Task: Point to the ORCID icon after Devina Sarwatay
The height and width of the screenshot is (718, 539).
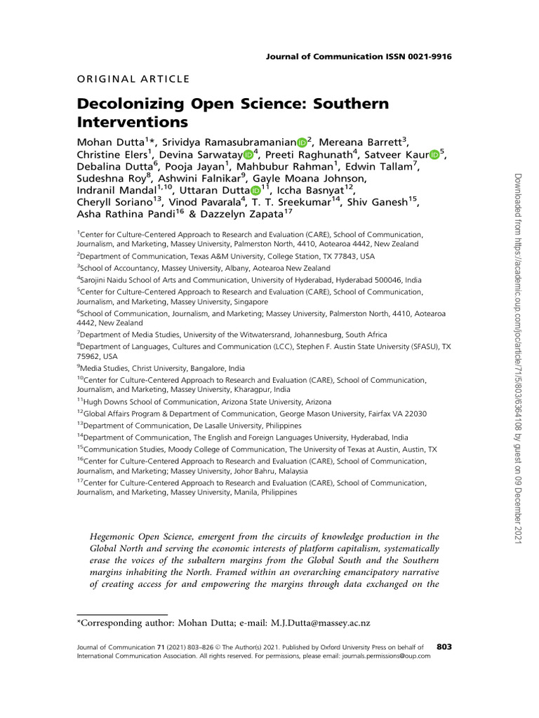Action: click(x=248, y=155)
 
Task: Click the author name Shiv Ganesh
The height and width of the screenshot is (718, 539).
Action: click(x=381, y=202)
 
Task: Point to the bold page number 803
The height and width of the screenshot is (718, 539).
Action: click(x=444, y=646)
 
